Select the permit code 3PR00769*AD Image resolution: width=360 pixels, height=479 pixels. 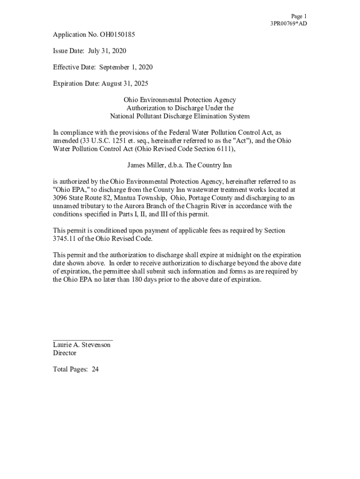pyautogui.click(x=288, y=24)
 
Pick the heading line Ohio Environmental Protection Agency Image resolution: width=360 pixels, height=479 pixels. pyautogui.click(x=180, y=100)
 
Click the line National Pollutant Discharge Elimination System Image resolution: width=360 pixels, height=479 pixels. pyautogui.click(x=180, y=116)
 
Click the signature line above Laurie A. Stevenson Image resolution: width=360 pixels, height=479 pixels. pyautogui.click(x=82, y=340)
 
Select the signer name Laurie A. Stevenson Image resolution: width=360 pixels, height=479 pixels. pyautogui.click(x=82, y=345)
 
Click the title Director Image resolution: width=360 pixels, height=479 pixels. pyautogui.click(x=65, y=353)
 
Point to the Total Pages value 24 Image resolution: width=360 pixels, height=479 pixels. pyautogui.click(x=95, y=370)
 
